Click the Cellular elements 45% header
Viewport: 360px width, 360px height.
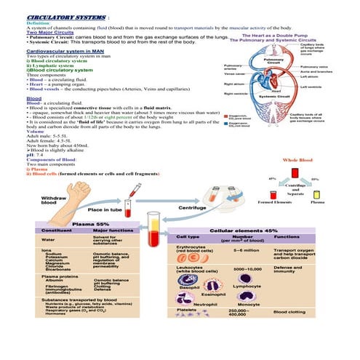pyautogui.click(x=255, y=230)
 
